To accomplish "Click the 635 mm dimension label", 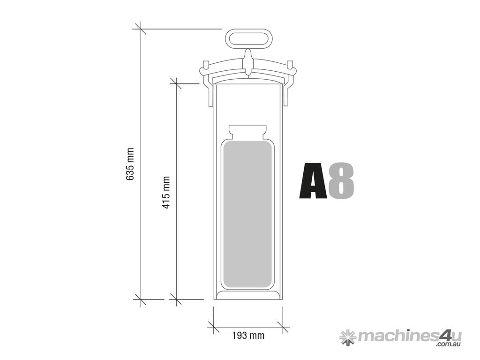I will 131,164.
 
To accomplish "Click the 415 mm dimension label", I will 166,192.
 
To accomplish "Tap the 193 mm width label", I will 248,336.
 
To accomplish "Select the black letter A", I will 313,181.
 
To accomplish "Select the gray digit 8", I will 341,181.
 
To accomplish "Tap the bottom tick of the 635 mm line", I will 140,299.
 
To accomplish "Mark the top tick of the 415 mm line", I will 176,83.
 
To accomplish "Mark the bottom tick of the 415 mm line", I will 176,299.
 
